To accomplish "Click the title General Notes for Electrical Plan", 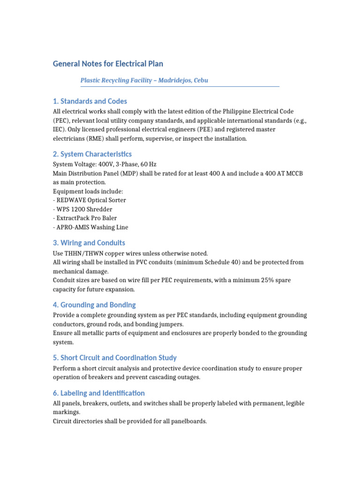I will tap(108, 63).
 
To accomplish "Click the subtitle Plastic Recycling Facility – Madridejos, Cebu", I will tap(144, 80).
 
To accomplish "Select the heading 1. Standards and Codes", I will tap(90, 101).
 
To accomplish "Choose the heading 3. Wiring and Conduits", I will tap(89, 243).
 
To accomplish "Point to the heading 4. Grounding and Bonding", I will tap(94, 305).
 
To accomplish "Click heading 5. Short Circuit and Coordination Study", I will tap(114, 358).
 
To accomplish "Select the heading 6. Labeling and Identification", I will tap(98, 393).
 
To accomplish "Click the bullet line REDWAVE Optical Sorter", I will tap(91, 200).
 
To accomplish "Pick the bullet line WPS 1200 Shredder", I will tap(84, 209).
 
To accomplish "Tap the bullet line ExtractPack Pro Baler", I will tap(87, 218).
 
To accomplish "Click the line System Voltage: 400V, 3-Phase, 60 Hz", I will tap(105, 165).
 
